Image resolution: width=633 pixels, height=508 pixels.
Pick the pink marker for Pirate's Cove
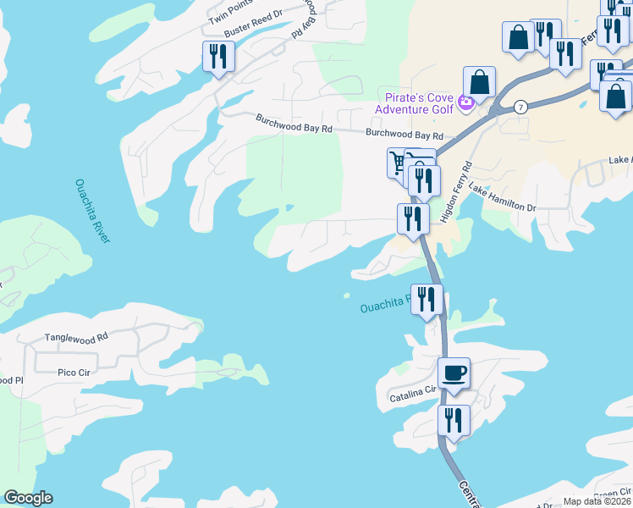click(x=465, y=104)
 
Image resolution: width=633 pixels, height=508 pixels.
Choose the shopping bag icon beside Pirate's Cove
click(x=479, y=83)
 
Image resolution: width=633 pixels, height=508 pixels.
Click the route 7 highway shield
click(x=520, y=107)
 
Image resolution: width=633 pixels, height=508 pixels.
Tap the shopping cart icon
click(x=398, y=162)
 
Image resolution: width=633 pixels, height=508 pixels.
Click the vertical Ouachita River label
click(x=92, y=211)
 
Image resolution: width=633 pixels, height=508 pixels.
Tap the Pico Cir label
click(x=74, y=371)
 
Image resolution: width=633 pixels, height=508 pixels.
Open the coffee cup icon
click(x=454, y=373)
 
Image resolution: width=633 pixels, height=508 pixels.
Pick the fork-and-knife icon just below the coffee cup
click(x=454, y=419)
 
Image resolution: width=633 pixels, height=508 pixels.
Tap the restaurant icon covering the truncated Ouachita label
click(x=427, y=299)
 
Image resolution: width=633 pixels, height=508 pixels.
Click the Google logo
click(x=28, y=498)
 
